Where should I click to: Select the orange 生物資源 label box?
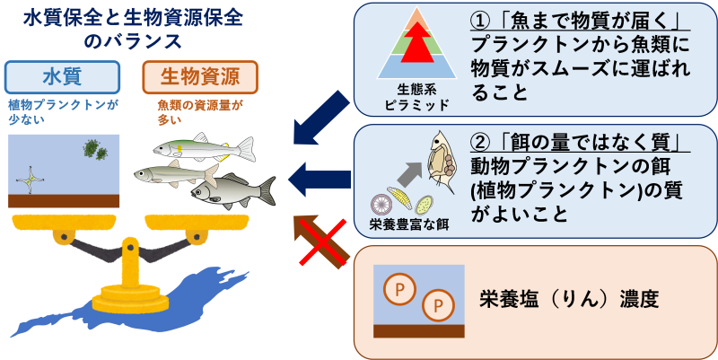(x=201, y=76)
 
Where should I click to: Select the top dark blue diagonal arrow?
(x=322, y=117)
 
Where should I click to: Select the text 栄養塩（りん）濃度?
(x=569, y=299)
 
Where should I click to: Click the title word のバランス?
(x=132, y=41)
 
